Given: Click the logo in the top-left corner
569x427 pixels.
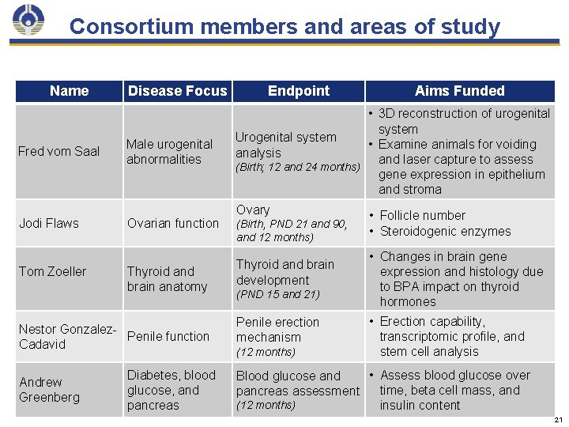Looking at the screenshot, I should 29,21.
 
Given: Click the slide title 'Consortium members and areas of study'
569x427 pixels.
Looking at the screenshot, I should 284,27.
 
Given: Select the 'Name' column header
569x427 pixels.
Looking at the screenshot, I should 69,91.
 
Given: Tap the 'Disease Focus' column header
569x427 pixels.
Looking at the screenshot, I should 177,91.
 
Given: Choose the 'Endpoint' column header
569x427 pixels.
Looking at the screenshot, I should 299,91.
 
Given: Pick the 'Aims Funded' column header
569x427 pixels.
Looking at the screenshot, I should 459,91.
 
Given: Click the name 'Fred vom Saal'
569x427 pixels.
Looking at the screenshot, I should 58,151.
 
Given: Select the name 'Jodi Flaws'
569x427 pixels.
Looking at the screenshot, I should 49,223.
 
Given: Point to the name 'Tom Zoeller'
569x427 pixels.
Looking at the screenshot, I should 52,271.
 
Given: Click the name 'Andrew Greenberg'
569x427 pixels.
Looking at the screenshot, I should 50,390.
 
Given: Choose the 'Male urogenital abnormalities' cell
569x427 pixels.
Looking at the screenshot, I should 169,151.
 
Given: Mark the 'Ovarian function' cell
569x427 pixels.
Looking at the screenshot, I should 172,223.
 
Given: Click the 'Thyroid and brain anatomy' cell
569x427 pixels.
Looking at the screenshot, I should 167,279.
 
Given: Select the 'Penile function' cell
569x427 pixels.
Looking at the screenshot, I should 168,336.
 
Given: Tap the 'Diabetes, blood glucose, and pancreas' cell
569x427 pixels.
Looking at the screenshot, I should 171,390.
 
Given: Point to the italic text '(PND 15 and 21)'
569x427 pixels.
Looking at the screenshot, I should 277,295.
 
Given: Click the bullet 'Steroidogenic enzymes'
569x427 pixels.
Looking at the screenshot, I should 445,232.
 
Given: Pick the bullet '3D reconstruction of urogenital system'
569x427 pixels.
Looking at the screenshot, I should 463,121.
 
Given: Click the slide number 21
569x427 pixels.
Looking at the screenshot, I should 558,419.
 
